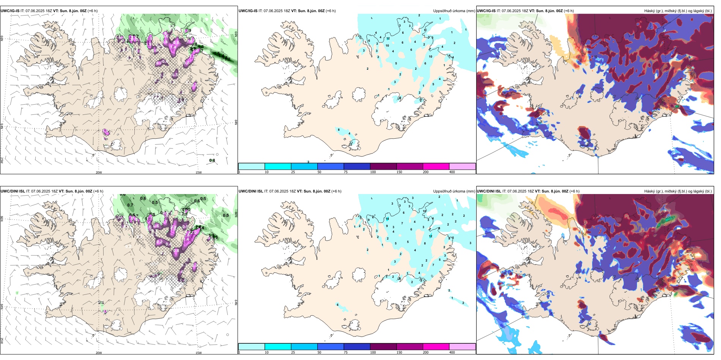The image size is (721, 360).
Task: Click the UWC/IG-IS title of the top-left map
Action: [x=10, y=11]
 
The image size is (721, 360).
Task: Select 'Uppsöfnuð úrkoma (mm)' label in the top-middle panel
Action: [x=454, y=11]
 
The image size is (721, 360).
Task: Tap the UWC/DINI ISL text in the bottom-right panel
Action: [x=489, y=191]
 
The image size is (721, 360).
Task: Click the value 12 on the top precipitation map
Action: [x=388, y=39]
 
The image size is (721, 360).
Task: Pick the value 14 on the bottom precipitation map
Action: [x=387, y=219]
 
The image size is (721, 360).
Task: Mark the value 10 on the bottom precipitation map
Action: [x=425, y=211]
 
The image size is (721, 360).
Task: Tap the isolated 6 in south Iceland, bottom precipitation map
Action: [x=337, y=305]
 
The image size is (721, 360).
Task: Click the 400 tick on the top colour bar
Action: [x=452, y=172]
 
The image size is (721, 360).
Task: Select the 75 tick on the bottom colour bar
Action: [x=345, y=352]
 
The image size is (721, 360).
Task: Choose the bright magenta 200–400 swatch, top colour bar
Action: [x=436, y=166]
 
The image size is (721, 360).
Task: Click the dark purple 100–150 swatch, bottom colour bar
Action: [x=383, y=347]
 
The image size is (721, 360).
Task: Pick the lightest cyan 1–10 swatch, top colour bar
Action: [x=252, y=166]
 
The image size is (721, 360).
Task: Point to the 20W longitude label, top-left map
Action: [x=99, y=172]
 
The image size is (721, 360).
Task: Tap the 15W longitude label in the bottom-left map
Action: [x=198, y=353]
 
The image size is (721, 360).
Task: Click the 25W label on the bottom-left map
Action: [x=2, y=341]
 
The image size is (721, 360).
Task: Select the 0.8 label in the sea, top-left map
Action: [x=212, y=161]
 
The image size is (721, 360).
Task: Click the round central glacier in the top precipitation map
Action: [x=359, y=94]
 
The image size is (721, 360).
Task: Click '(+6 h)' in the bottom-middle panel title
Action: [x=336, y=191]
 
